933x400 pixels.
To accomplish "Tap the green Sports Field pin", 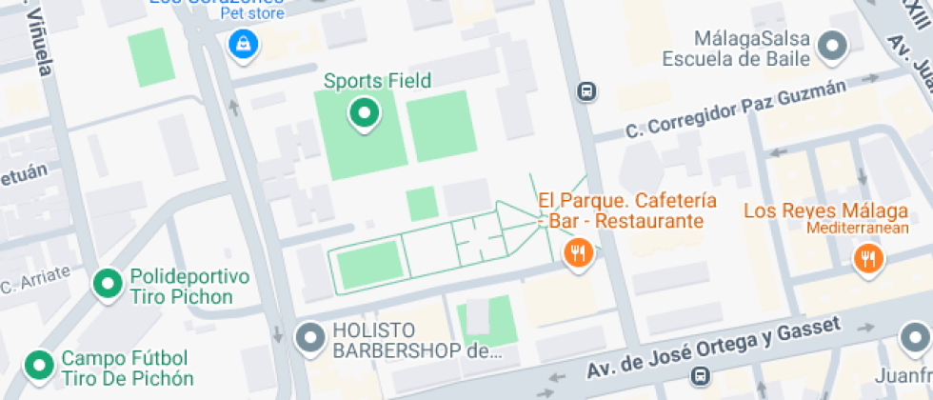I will tap(363, 114).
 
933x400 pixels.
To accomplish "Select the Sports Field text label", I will tap(377, 81).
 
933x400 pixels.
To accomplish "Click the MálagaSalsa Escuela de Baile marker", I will tap(834, 44).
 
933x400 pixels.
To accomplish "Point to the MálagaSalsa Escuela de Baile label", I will tap(752, 49).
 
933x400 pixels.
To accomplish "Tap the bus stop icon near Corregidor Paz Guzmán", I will tap(587, 91).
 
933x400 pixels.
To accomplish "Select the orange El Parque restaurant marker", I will tap(578, 253).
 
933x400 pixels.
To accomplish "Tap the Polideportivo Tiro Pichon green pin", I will tap(108, 283).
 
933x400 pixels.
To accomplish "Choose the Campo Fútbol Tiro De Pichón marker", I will tap(39, 365).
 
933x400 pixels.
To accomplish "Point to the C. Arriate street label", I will tap(35, 280).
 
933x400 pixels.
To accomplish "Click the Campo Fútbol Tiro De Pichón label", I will tap(127, 369).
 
